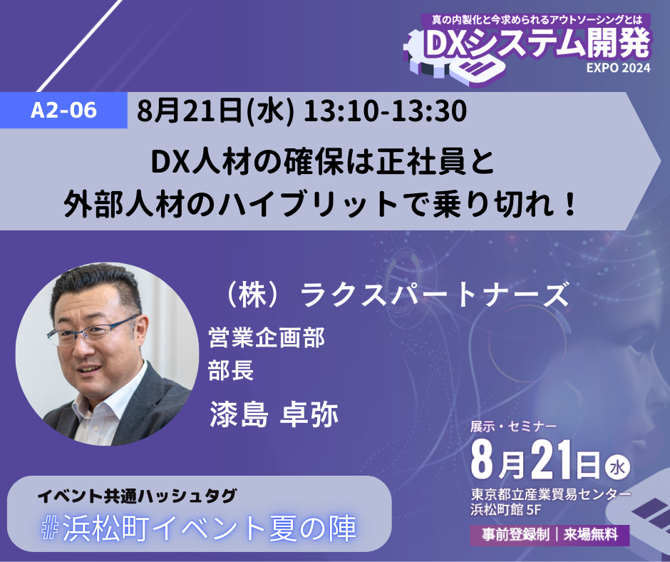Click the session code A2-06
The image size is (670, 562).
point(63,111)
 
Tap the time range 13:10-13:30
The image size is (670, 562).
point(385,111)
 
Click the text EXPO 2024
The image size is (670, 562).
point(618,68)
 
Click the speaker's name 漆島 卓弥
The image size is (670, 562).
point(274,414)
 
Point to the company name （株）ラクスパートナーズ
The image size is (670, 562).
point(396,295)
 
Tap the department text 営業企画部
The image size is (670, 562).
point(266,338)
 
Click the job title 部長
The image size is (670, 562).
point(231,369)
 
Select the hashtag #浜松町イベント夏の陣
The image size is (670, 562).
point(199,528)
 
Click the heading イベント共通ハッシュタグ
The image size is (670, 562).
point(137,496)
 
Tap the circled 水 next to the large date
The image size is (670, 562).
point(617,467)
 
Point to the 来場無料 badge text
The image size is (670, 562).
point(590,535)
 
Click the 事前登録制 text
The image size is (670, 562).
point(515,535)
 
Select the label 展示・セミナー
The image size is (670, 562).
point(513,426)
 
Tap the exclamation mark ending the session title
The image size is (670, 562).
point(569,205)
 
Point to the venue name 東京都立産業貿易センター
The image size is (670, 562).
point(551,495)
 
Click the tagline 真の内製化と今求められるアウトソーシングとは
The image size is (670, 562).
point(537,20)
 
